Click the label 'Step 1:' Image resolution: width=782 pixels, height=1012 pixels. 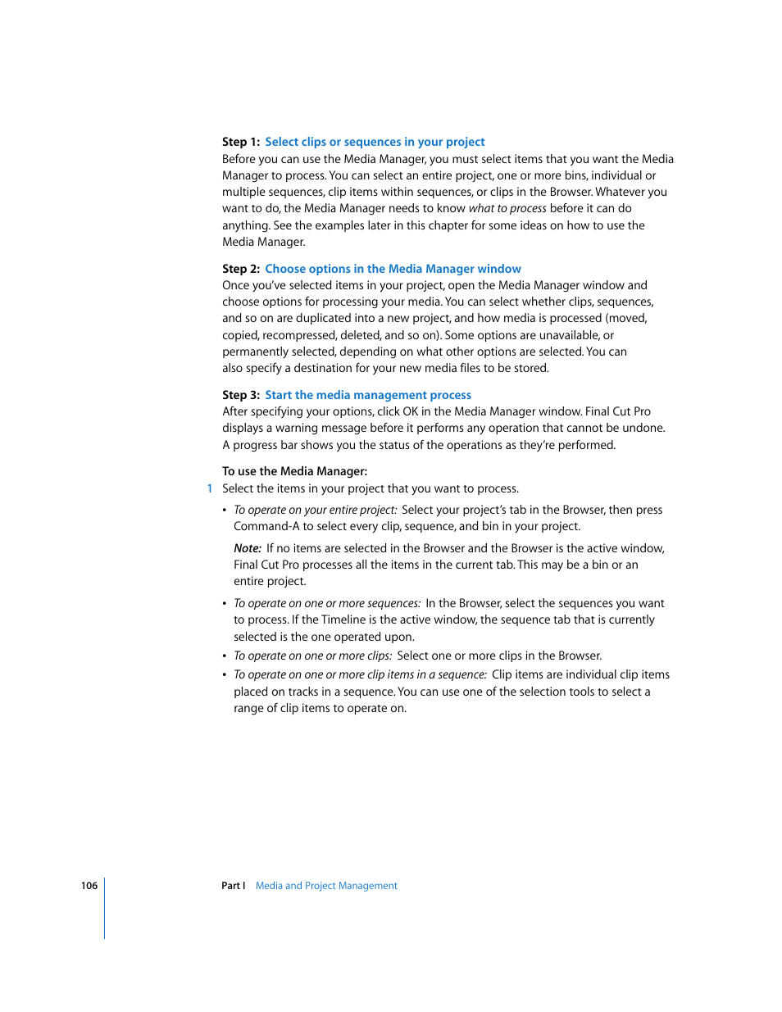241,142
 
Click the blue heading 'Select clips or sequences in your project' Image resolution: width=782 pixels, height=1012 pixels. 375,142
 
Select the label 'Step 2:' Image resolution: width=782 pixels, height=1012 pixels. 241,269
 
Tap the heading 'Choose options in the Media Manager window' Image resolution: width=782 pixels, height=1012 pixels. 393,269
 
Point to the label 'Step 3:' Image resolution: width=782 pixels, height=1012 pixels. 241,395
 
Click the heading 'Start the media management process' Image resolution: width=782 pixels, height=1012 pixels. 368,395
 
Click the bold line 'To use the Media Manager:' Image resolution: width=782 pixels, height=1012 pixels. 294,471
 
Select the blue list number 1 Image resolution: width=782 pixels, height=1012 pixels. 210,489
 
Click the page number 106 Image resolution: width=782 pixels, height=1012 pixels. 89,886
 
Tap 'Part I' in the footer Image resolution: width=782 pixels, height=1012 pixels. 234,886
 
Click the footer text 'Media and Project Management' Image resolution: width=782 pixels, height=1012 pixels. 326,886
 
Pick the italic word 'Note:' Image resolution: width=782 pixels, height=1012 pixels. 248,548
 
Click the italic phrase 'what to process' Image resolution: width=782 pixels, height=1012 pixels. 507,209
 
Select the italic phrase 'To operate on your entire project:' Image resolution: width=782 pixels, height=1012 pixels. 315,510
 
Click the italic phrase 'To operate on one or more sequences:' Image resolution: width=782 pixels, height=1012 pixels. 327,604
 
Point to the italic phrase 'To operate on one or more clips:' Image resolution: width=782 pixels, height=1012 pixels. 312,656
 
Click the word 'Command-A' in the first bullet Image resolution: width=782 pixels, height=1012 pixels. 266,527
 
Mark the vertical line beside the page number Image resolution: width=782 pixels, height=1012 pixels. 105,908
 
